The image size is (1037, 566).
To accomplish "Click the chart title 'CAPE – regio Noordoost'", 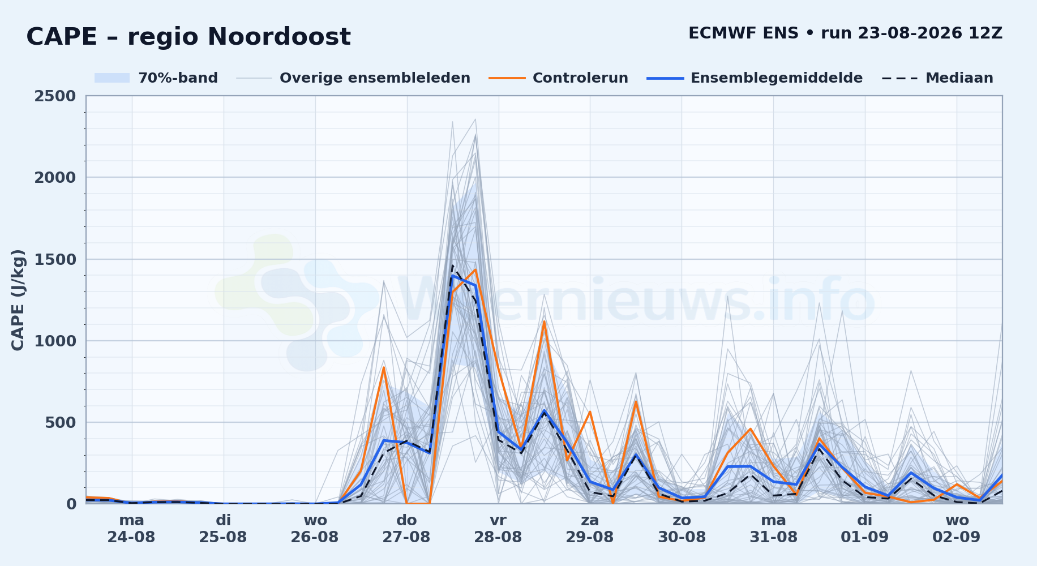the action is (188, 37).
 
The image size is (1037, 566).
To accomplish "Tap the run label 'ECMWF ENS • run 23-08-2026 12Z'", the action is (845, 33).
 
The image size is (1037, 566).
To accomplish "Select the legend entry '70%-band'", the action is (156, 78).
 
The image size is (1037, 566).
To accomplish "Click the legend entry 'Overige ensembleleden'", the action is (353, 78).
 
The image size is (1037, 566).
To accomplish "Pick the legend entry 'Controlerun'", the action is (559, 78).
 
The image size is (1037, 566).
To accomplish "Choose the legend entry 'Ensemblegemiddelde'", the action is (755, 78).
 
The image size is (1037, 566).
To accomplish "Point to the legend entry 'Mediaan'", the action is (937, 78).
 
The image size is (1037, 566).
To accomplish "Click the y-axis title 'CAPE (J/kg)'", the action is (18, 300).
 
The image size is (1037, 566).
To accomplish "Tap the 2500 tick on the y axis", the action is (55, 96).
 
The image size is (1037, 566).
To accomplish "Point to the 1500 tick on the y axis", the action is (55, 259).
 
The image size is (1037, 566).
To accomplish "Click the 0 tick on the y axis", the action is (71, 504).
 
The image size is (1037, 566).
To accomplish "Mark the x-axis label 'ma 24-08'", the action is (131, 529).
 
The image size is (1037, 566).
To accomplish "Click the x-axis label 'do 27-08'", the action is (406, 529).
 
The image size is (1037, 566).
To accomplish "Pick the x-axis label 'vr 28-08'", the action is (498, 529).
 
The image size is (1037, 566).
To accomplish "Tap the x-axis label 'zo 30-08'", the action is (682, 529).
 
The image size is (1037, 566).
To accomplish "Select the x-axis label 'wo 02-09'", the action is (957, 529).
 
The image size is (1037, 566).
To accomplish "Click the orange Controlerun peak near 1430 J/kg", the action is (475, 269).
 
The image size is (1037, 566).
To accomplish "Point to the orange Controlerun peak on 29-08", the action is (590, 411).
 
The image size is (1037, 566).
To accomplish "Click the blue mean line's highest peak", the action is (452, 276).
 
